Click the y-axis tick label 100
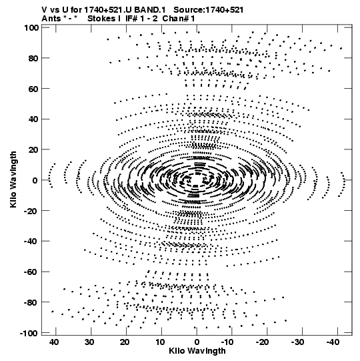point(31,27)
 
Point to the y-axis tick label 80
point(33,58)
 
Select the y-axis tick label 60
point(33,89)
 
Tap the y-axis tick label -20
point(31,211)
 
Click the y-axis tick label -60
point(31,272)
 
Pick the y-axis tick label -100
point(29,333)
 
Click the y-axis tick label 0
point(35,180)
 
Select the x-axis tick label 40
point(54,342)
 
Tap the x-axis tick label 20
point(125,342)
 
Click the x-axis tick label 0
point(197,342)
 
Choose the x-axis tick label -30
point(297,342)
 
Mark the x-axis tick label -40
point(333,342)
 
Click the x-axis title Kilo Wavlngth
point(197,351)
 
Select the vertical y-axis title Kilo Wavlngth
point(13,179)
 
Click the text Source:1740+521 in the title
point(209,10)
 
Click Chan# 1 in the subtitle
point(179,19)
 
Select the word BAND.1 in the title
point(149,10)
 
